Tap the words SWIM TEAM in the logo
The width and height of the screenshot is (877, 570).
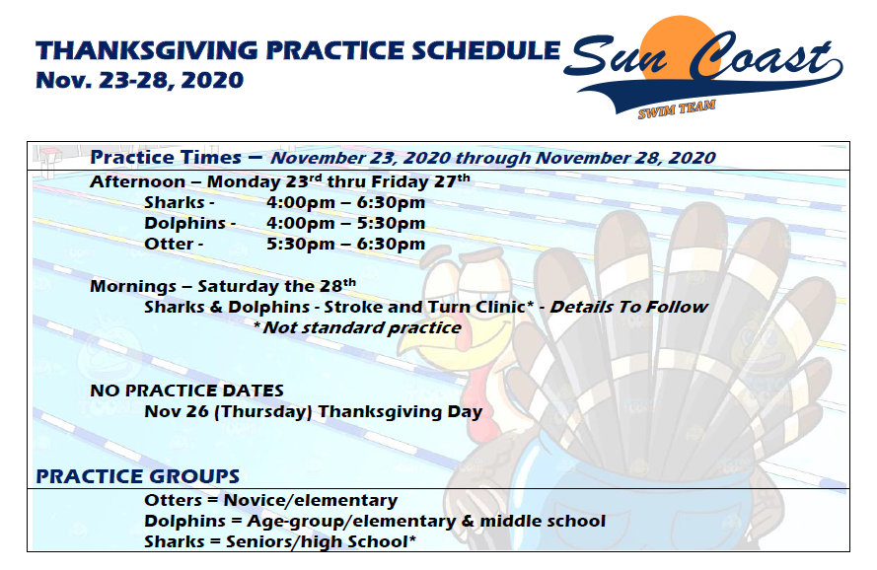tap(677, 108)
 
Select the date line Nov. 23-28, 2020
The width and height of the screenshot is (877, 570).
tap(140, 80)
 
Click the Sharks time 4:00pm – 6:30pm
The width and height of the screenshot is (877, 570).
tap(345, 202)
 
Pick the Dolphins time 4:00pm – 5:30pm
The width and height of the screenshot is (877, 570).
tap(345, 223)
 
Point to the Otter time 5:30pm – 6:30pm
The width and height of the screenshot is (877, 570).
tap(345, 244)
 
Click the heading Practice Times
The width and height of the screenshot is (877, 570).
tap(166, 157)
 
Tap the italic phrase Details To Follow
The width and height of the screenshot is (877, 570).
tap(629, 307)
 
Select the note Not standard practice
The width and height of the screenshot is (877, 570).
tap(362, 327)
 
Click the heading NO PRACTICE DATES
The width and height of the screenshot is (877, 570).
tap(186, 391)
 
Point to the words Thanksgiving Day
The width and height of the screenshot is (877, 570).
tap(400, 411)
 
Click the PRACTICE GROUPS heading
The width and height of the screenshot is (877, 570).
tap(137, 476)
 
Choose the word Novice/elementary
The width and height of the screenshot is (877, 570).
tap(311, 500)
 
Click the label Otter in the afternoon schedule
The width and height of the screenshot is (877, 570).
tap(169, 244)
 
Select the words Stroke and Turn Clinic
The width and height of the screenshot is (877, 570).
tap(425, 307)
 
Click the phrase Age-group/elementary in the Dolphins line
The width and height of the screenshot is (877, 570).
tap(351, 522)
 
